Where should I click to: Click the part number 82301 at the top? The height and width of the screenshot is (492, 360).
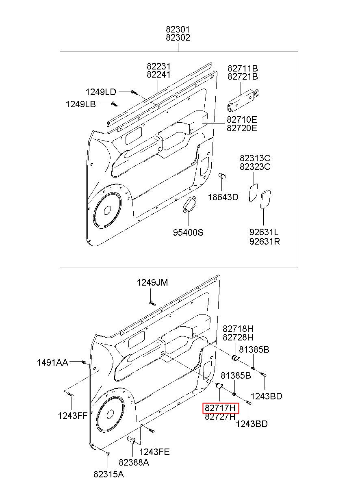point(178,29)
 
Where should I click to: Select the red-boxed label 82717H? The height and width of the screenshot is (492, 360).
point(220,408)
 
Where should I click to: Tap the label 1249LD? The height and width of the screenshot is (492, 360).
point(101,92)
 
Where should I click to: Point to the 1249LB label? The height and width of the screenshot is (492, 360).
point(81,104)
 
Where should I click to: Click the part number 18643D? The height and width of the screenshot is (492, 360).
point(223,197)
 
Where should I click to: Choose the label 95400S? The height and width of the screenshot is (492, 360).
point(188,232)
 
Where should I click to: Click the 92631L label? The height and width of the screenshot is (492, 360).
point(264,232)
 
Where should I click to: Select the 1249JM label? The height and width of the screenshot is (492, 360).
point(152,282)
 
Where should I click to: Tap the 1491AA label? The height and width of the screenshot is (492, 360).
point(52,362)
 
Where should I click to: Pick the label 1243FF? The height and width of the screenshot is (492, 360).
point(73,416)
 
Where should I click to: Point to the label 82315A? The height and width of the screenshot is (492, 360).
point(109,481)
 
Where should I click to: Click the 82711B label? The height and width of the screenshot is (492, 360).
point(243,68)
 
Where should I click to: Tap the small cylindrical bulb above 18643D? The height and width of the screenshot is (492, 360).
point(222,176)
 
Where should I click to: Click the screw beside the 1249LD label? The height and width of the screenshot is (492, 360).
point(134,92)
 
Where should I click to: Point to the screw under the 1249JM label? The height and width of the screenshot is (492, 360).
point(152,303)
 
